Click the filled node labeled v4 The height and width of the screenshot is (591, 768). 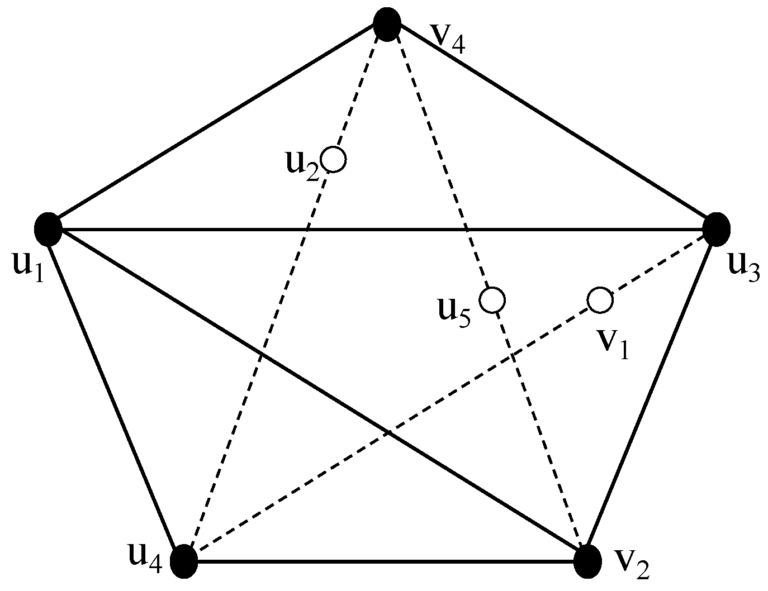tap(387, 24)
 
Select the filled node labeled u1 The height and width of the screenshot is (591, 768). tap(48, 229)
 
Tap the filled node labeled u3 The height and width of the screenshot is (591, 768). tap(716, 229)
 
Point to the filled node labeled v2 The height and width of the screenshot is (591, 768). tap(587, 561)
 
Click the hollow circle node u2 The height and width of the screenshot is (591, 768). tap(335, 160)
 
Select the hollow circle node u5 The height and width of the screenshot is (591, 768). tap(494, 299)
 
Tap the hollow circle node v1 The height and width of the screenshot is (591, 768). tap(600, 300)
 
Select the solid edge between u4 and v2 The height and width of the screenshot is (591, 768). tap(386, 561)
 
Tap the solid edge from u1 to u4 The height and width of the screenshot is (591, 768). tap(115, 394)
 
